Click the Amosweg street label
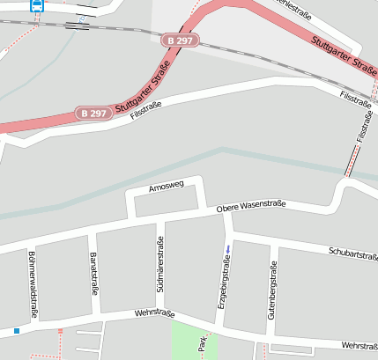[x=166, y=187]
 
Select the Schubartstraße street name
[x=352, y=253]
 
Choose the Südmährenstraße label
[x=160, y=265]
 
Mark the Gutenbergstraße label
[x=273, y=289]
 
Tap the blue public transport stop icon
[x=36, y=4]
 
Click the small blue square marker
[x=16, y=331]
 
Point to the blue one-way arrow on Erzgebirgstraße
[x=228, y=250]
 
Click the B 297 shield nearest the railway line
[x=180, y=40]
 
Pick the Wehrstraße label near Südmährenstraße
[x=155, y=314]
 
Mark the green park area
[x=194, y=342]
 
